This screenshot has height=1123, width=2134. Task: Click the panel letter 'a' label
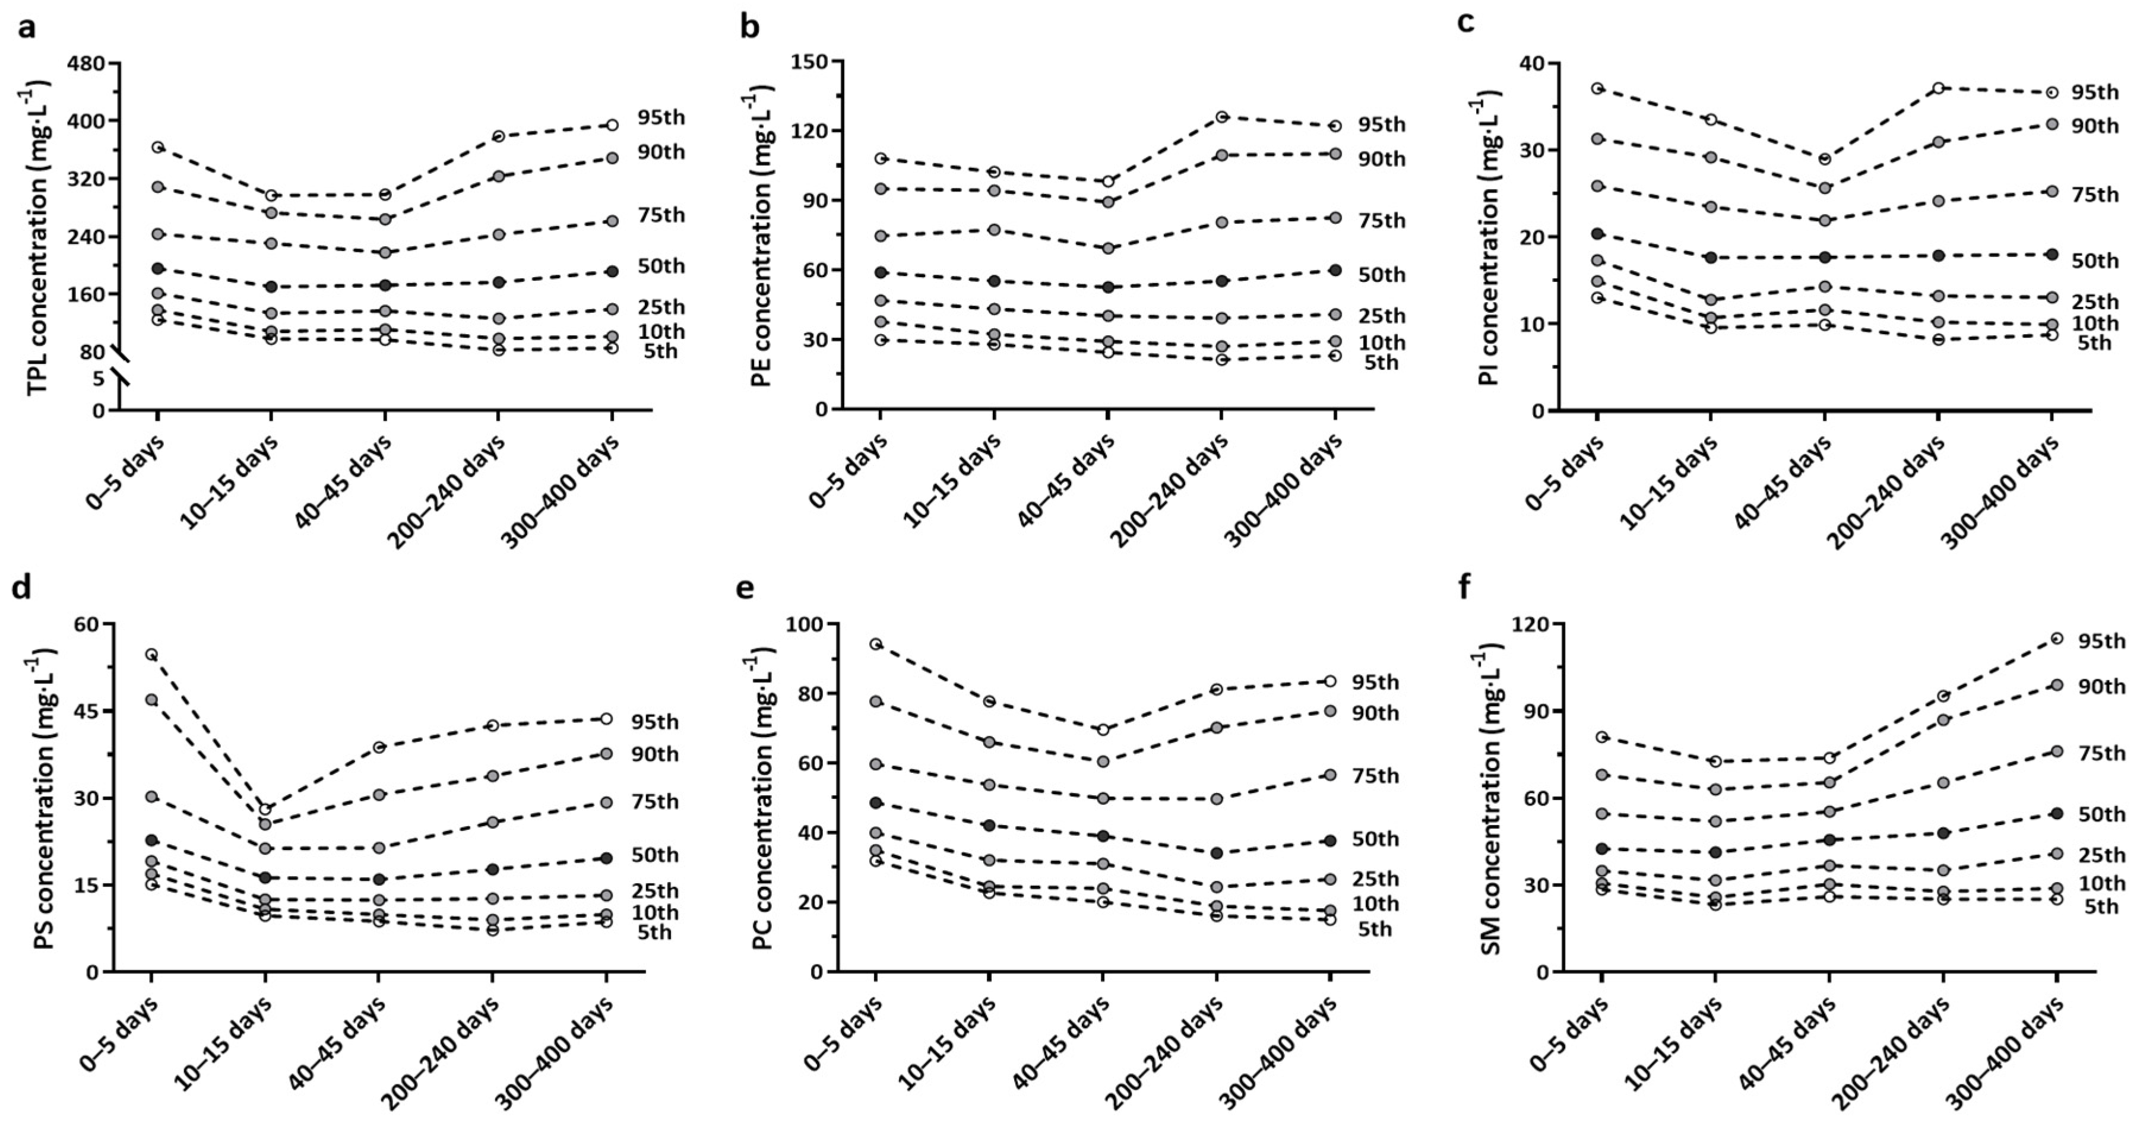point(27,27)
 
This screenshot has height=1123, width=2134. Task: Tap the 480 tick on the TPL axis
point(86,63)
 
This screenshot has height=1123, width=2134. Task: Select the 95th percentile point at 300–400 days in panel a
point(612,125)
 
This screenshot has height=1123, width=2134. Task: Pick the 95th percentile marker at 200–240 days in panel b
point(1221,117)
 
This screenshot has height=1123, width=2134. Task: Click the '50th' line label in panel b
point(1382,275)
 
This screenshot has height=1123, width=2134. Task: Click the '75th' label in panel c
point(2095,195)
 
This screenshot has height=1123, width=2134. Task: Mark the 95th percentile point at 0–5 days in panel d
point(151,654)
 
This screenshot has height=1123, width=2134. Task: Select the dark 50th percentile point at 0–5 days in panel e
point(876,802)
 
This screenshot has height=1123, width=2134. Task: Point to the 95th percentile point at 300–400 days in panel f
point(2056,637)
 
